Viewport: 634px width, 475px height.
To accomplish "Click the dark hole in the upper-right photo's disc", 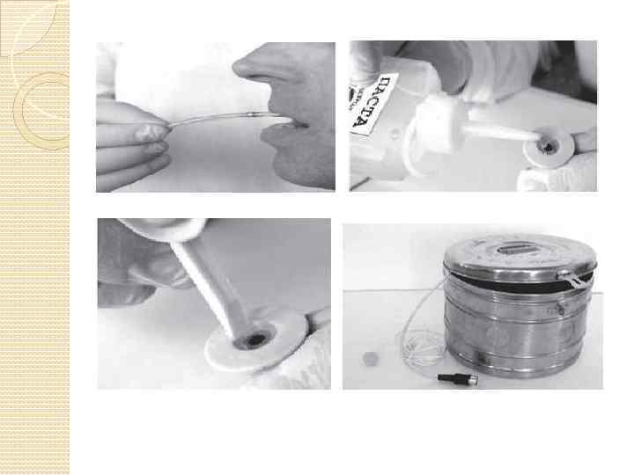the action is pos(549,148).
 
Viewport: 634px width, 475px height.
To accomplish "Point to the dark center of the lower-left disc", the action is pos(254,340).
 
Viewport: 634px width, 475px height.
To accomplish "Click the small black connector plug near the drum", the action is pos(458,378).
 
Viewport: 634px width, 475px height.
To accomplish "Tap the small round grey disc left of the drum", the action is pos(370,359).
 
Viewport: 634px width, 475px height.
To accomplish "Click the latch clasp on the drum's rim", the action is pos(574,279).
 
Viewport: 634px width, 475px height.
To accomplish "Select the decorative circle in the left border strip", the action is pos(41,111).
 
